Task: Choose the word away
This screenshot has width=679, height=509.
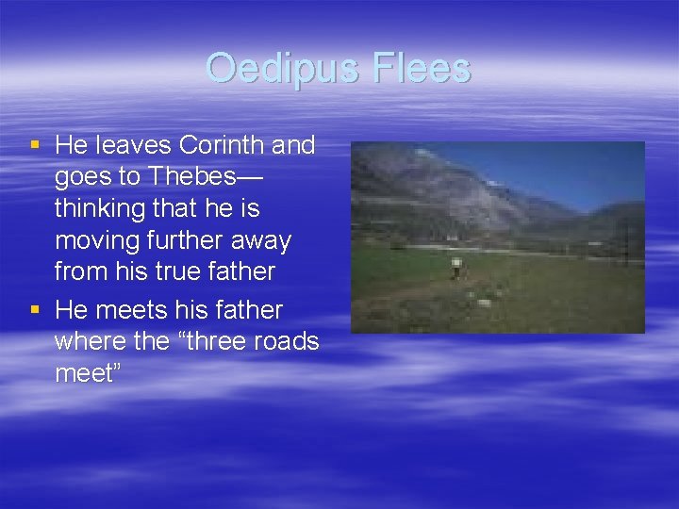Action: tap(259, 240)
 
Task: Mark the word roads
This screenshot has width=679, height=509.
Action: tap(286, 341)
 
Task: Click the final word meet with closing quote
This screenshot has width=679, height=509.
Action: tap(89, 372)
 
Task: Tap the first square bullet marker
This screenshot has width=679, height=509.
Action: tap(36, 145)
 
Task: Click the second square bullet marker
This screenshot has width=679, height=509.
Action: tap(36, 309)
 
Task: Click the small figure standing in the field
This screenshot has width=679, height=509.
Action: tap(456, 269)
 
